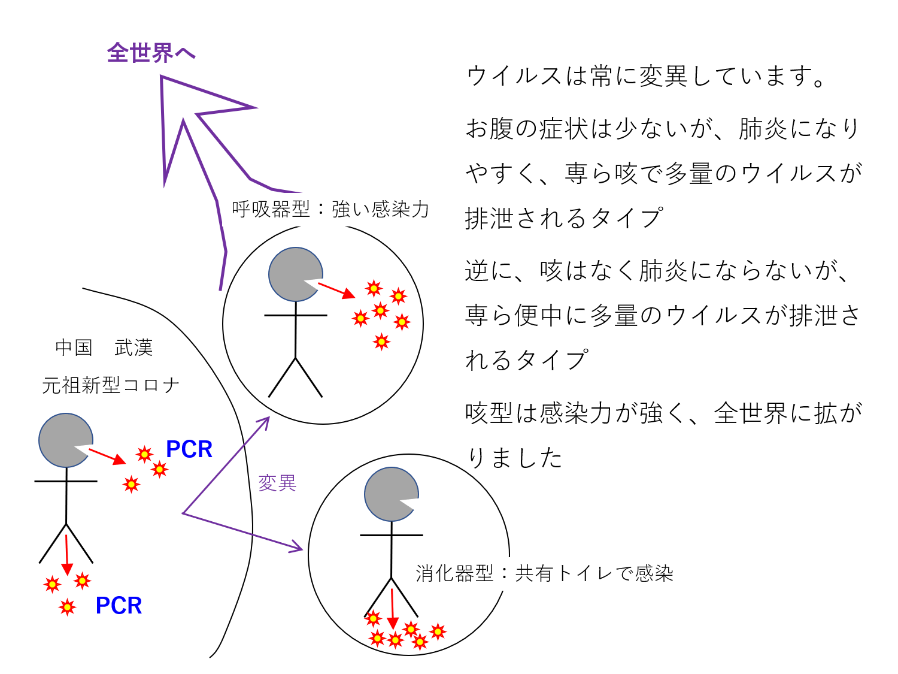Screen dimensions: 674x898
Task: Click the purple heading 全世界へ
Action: tap(151, 53)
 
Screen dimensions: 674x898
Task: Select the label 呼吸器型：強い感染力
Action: tap(330, 209)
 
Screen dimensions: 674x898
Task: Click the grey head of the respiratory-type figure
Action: tap(293, 274)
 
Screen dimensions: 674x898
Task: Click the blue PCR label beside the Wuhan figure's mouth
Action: tap(189, 449)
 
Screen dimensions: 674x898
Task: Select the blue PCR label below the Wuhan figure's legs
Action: tap(119, 606)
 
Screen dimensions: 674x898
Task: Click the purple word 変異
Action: tap(277, 483)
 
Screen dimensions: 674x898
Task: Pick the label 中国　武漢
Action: tap(104, 347)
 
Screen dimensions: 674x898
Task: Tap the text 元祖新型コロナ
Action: tap(111, 385)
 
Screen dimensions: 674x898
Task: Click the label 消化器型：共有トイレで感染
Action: tap(544, 573)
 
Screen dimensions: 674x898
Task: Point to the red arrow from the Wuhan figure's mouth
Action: tap(107, 456)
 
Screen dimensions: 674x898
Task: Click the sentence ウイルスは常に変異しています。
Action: tap(647, 76)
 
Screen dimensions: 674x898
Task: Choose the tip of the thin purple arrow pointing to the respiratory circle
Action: tap(267, 419)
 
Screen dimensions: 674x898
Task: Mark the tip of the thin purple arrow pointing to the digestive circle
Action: tap(301, 548)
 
